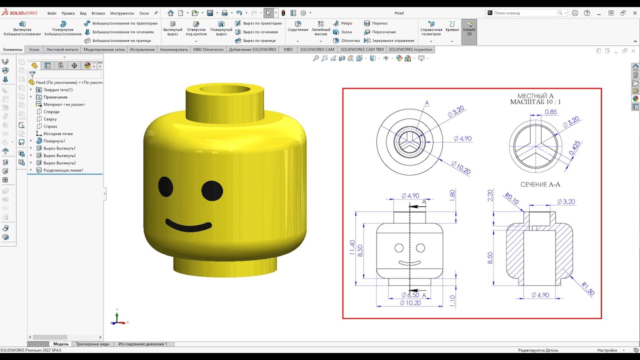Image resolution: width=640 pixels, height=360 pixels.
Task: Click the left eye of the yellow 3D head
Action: [x=165, y=186]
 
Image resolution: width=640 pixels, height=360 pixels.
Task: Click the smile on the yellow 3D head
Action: [x=188, y=224]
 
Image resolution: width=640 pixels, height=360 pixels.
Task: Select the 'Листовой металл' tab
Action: [x=62, y=49]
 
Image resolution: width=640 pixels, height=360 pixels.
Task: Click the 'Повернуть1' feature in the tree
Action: [x=54, y=141]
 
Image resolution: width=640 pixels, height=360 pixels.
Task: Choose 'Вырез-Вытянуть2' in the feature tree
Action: [x=59, y=155]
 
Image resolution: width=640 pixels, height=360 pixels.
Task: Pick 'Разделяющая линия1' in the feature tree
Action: [x=63, y=170]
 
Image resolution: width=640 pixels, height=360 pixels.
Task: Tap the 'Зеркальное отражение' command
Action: [x=393, y=40]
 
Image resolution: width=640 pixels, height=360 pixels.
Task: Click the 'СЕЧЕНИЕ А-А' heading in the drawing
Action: [x=540, y=184]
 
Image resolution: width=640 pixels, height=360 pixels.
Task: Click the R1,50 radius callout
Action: [x=587, y=288]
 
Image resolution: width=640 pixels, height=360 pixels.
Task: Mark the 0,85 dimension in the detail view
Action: [x=551, y=112]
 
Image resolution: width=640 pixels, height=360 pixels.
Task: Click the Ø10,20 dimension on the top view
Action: [x=460, y=167]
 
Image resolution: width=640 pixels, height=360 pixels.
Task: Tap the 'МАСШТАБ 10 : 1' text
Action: [x=535, y=102]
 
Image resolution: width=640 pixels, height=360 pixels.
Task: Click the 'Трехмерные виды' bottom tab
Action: [x=92, y=344]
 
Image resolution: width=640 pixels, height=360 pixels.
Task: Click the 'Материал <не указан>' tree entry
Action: [x=64, y=104]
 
